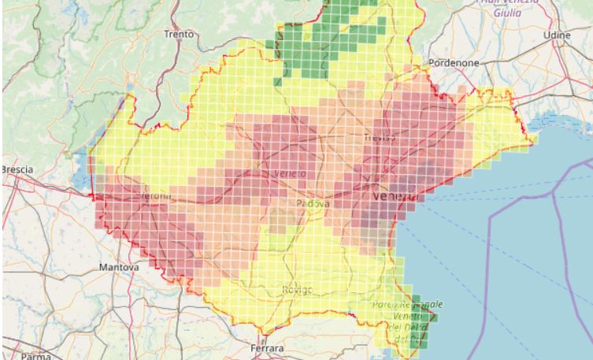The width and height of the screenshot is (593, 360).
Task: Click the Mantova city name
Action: pos(118,268)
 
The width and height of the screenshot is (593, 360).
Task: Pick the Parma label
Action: pos(35,355)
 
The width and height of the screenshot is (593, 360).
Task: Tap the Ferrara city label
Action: pos(265,347)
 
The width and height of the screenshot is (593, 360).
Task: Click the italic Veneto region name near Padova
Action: pos(290,173)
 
